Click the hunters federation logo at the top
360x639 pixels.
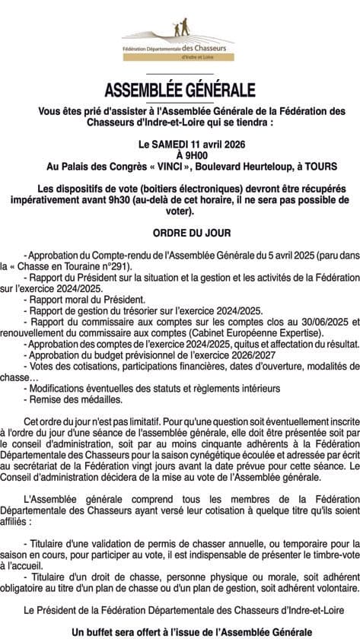click(179, 39)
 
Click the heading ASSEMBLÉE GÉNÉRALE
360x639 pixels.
click(180, 91)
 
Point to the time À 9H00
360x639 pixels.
click(180, 154)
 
